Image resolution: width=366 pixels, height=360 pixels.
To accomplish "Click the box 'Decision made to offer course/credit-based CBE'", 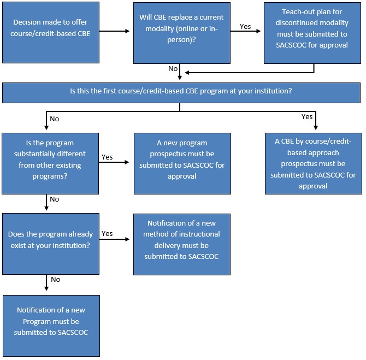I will [x=51, y=32].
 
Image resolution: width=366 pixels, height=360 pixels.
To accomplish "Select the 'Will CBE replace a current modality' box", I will [x=182, y=32].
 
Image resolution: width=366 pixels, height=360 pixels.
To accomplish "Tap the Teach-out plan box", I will [x=314, y=32].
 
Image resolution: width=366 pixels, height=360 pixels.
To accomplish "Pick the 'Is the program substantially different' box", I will [x=51, y=163].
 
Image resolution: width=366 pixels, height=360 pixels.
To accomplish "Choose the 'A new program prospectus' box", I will [x=181, y=163].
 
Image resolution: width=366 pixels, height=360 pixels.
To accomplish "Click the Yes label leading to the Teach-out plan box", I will [x=246, y=26].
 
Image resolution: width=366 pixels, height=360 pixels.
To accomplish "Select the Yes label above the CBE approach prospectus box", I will [x=307, y=117].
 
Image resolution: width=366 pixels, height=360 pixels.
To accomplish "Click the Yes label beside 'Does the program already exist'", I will [x=107, y=233].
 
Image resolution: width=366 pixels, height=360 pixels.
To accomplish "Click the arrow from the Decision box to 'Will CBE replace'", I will [x=116, y=32].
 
